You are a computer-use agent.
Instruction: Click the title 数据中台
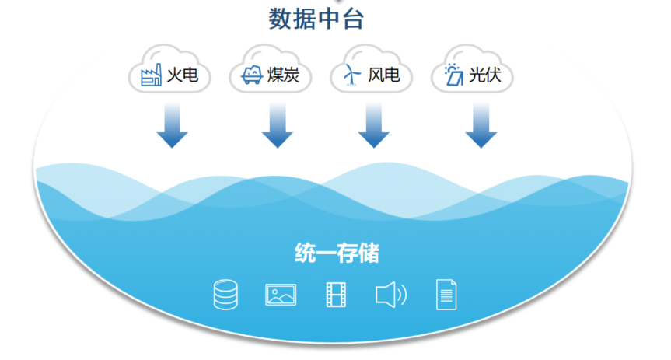pos(316,19)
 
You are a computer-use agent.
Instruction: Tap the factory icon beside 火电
pos(151,75)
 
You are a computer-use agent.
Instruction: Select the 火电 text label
pos(182,75)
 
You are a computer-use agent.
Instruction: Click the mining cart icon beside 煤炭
pos(252,75)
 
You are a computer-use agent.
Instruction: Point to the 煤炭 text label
pos(283,75)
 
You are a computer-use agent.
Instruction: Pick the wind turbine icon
pos(351,75)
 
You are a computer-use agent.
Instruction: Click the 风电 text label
pos(384,75)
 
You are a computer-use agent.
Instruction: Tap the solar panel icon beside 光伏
pos(453,75)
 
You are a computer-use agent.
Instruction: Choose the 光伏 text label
pos(485,75)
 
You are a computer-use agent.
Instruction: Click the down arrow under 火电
pos(172,125)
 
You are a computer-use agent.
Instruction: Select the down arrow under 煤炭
pos(278,125)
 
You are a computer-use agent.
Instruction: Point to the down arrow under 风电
pos(373,125)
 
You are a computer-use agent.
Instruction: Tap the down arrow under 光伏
pos(481,125)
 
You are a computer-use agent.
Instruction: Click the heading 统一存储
pos(337,253)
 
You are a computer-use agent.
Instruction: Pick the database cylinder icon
pos(225,295)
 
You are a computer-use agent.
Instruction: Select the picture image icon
pos(281,295)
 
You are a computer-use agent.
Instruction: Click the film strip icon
pos(336,295)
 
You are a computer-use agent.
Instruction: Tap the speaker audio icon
pos(390,295)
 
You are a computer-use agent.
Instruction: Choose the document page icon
pos(446,295)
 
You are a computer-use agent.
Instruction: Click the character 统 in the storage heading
pos(305,253)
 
